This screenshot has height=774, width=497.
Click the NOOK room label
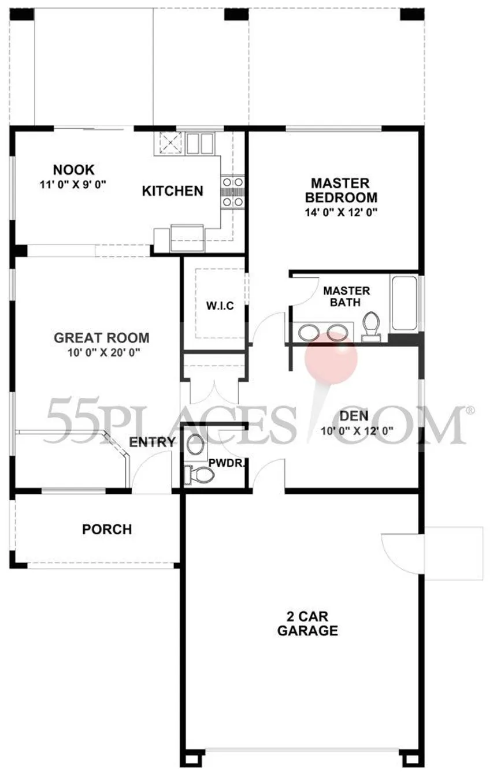[73, 170]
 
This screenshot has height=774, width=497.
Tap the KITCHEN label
[172, 191]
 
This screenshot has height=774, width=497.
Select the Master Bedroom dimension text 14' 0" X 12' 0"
[341, 212]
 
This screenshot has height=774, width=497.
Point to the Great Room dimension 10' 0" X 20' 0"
[103, 352]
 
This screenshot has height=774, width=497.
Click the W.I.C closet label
[220, 306]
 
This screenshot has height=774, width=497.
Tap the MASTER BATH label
[346, 296]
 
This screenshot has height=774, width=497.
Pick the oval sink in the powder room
[195, 444]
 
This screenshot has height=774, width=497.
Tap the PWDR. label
[226, 463]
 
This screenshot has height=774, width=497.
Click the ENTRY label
[152, 442]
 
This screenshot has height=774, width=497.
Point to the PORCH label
[107, 529]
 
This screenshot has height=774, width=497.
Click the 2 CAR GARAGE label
[307, 623]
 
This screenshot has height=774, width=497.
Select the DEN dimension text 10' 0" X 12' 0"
[357, 431]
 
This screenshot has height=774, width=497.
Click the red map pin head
[331, 358]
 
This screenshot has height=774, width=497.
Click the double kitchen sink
[200, 144]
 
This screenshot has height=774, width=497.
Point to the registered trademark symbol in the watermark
[470, 410]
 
